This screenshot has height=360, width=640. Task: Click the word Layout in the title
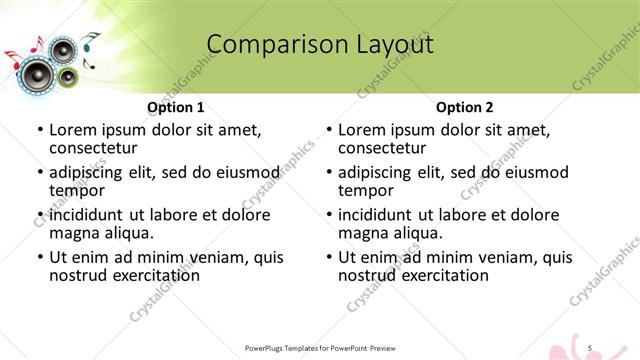387,45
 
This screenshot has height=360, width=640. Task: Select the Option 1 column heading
176,107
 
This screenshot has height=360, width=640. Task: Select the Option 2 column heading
465,107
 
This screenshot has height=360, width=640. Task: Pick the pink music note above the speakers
37,45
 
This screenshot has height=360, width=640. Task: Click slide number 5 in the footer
591,346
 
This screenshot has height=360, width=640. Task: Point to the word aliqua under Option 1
128,233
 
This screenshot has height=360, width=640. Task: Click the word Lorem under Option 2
362,130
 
